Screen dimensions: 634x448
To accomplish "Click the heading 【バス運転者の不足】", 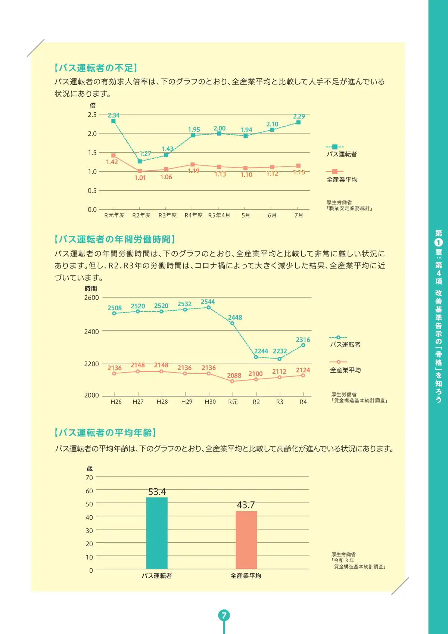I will click(96, 68).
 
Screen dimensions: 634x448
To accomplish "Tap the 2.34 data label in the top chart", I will click(113, 115).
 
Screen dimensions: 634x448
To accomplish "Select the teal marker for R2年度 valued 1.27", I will click(140, 161).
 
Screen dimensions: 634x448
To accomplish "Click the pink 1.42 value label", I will click(112, 162).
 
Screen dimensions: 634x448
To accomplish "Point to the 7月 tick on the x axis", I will click(298, 215).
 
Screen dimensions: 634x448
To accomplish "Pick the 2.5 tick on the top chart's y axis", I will click(92, 115).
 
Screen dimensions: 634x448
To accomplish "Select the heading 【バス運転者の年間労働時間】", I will click(115, 239).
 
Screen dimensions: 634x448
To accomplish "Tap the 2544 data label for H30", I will click(208, 302).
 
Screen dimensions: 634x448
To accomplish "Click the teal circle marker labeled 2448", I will click(232, 323).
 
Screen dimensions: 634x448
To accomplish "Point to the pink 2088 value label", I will click(234, 375).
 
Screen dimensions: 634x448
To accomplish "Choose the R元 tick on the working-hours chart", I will click(233, 402).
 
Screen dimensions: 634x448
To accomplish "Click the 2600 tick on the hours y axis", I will click(91, 298).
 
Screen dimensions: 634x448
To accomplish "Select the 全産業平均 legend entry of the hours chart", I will click(345, 370).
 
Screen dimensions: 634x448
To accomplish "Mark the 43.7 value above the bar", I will click(246, 505).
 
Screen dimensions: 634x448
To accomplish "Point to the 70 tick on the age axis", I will click(89, 478).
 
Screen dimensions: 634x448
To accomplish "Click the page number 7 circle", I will click(224, 615).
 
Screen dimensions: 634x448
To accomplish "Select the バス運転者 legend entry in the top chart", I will click(341, 154).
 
